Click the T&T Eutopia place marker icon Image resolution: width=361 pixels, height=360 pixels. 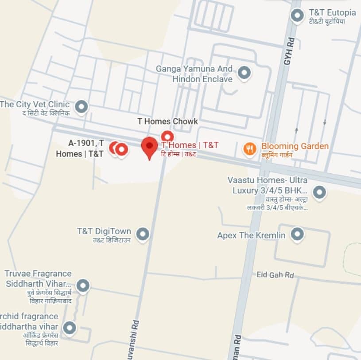[x=297, y=16]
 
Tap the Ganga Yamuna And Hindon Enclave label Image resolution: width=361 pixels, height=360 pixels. [x=194, y=74]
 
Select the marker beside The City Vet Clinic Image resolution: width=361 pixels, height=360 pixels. [x=81, y=106]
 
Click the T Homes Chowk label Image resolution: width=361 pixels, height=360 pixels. [x=167, y=121]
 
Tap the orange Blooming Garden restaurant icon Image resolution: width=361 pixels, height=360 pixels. [x=250, y=149]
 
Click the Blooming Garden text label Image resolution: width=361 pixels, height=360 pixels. [x=295, y=146]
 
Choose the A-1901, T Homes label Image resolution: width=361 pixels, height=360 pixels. [x=80, y=149]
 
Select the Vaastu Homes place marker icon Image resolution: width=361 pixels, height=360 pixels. [x=319, y=192]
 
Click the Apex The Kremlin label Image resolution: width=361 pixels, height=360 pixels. [x=251, y=235]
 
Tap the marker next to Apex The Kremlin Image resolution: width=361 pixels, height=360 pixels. [x=297, y=234]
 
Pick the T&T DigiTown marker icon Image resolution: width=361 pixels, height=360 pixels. [x=142, y=234]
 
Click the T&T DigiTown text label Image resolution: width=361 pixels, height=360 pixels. [x=104, y=231]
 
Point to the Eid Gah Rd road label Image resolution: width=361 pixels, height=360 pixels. [x=275, y=275]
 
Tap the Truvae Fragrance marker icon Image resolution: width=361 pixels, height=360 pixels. [x=83, y=286]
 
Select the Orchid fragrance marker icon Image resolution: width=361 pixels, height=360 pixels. [x=69, y=329]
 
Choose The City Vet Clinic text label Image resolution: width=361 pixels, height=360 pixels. [x=35, y=105]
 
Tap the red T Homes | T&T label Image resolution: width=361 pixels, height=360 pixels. [x=190, y=145]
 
